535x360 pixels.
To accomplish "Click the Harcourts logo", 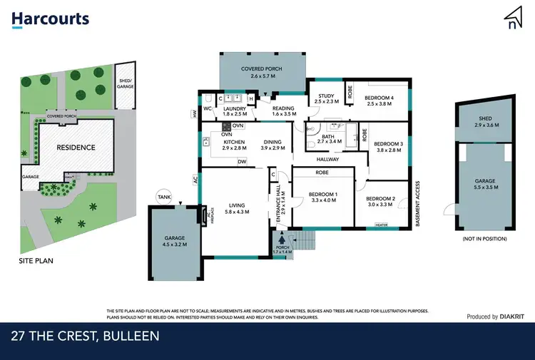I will point(51,19).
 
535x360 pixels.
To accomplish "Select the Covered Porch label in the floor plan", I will point(262,68).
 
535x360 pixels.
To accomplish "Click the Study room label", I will point(327,96).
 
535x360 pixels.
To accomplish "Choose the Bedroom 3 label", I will point(389,143).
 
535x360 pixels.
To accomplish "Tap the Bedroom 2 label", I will point(381,199).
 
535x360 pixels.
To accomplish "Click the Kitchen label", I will point(235,142).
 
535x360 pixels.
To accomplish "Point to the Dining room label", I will point(274,142).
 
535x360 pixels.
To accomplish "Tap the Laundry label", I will point(234,108).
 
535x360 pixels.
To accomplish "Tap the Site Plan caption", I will point(36,261).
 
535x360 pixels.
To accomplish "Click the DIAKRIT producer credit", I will point(512,317).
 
